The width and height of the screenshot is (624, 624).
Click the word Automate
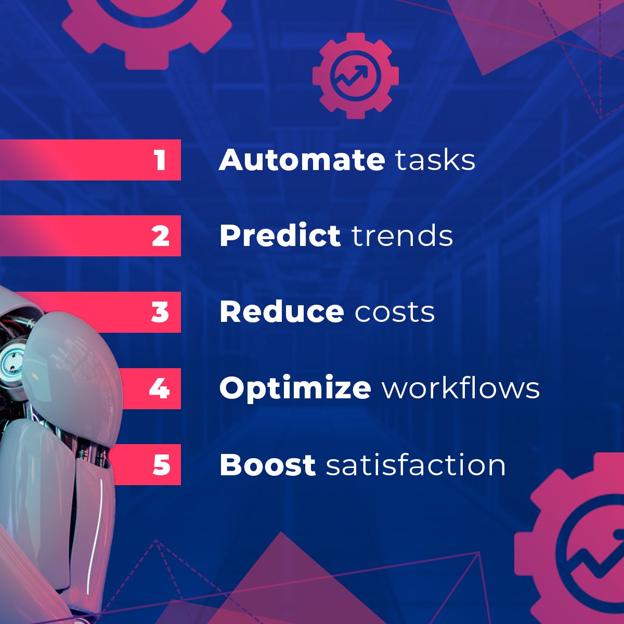tap(302, 160)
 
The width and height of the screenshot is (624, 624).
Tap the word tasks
tap(435, 160)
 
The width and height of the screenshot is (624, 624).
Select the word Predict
tap(280, 236)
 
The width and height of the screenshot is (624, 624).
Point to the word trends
tap(402, 236)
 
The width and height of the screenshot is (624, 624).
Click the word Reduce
tap(281, 312)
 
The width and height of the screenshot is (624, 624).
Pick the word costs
tap(395, 313)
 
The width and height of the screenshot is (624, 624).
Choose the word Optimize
tap(295, 388)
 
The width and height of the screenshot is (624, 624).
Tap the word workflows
tap(461, 388)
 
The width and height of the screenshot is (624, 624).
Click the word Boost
tap(267, 464)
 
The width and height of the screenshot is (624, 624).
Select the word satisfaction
tap(416, 464)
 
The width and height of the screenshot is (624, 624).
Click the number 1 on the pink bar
tap(160, 160)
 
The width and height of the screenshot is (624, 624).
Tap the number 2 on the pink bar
tap(161, 236)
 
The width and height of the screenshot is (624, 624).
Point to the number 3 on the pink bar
tap(160, 312)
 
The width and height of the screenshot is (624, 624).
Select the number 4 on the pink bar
tap(159, 388)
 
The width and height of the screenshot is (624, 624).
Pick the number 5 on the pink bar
tap(161, 464)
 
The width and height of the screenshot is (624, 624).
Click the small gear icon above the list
tap(356, 76)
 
